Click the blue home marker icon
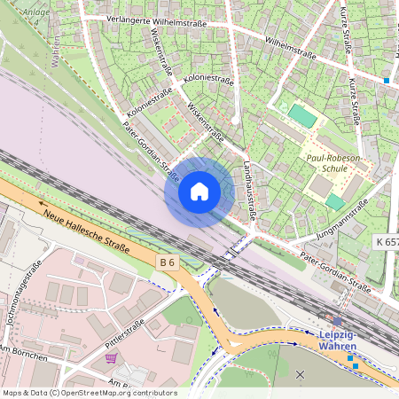coord(199,192)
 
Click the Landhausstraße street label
coord(249,187)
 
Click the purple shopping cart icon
coord(111,358)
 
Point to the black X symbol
coord(299,375)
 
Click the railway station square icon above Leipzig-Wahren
coord(337,322)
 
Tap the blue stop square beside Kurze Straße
coord(387,81)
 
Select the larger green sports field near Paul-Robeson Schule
coord(302,116)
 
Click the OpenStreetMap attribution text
coord(89,393)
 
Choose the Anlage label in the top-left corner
coord(36,12)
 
